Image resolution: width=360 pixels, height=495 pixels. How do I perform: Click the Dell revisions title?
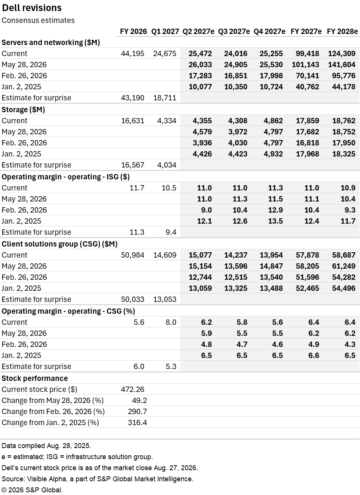click(32, 8)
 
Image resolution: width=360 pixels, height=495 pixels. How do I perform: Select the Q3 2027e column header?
click(234, 31)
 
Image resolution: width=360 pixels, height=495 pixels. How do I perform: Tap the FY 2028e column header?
click(342, 31)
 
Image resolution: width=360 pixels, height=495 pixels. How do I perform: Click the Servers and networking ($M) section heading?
click(51, 42)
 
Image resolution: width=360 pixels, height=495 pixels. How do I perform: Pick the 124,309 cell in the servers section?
click(342, 53)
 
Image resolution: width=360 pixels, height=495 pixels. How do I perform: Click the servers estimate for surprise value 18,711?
click(165, 98)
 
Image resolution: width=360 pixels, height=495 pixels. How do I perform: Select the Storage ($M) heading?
click(23, 110)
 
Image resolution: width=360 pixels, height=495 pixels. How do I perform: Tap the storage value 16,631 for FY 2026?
click(132, 121)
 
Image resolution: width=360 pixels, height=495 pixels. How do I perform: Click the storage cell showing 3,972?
click(237, 132)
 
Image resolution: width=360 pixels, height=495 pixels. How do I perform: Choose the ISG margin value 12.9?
click(275, 210)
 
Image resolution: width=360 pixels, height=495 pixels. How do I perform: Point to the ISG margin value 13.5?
click(275, 221)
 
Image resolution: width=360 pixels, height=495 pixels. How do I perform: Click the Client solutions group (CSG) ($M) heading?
click(60, 244)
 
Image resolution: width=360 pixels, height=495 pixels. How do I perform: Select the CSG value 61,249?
click(344, 266)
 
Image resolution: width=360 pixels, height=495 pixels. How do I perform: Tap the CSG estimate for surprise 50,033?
click(132, 299)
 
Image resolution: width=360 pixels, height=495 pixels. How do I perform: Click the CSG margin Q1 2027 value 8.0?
click(171, 322)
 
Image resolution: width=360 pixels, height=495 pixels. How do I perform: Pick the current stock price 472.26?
click(132, 389)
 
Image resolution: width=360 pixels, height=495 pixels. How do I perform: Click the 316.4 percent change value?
click(137, 422)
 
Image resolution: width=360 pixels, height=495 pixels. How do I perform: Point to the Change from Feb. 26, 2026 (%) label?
click(53, 411)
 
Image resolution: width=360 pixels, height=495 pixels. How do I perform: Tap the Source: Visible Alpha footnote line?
click(97, 479)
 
